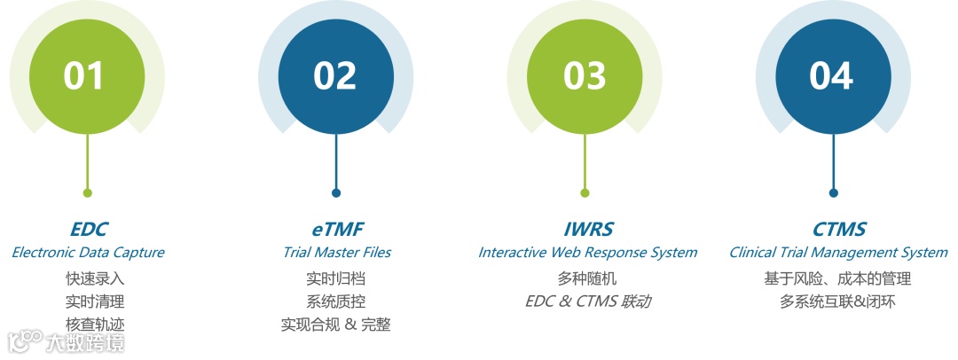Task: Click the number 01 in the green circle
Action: [86, 76]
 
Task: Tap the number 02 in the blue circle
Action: [335, 76]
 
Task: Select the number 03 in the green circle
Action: [585, 76]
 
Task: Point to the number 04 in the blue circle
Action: [833, 76]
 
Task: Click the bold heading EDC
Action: [88, 230]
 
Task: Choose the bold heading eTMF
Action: [336, 230]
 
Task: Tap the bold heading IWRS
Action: [586, 230]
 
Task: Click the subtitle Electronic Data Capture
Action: [88, 253]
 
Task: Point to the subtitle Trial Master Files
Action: [336, 253]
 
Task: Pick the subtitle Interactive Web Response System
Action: [587, 253]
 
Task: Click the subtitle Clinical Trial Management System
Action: [838, 253]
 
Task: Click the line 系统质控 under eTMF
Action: [335, 301]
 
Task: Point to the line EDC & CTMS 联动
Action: [587, 301]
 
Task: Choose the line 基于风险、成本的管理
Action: [837, 278]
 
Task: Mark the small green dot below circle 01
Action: [87, 192]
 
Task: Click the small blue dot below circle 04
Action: [833, 192]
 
